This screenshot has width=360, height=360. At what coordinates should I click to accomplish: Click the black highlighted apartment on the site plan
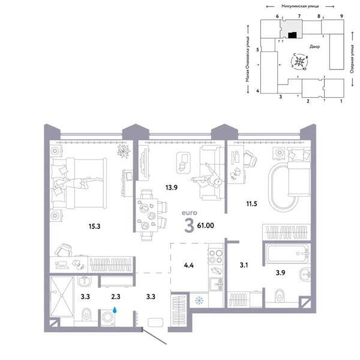point(291,35)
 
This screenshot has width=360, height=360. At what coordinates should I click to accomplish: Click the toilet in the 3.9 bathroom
point(279,296)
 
